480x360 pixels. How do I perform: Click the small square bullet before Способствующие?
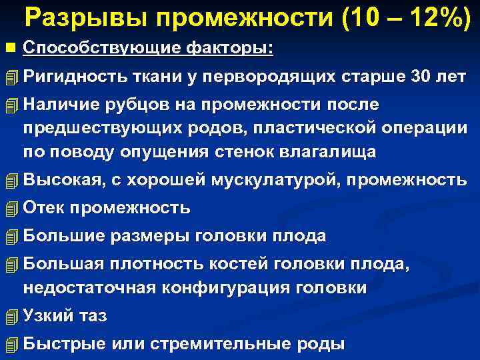[9, 49]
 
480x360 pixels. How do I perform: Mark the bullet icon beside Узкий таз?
[9, 317]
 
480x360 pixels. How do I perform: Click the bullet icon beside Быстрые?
[9, 345]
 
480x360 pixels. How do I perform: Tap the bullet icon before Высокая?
[9, 180]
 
